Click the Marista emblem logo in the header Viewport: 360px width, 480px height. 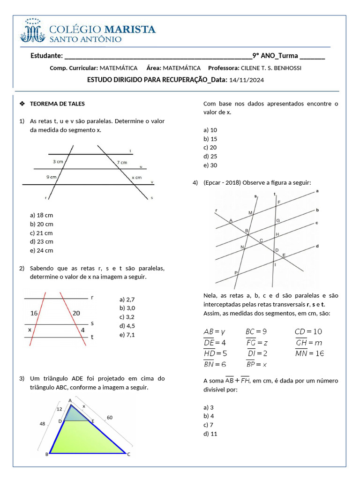coord(32,30)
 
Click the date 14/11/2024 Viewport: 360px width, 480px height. coord(247,80)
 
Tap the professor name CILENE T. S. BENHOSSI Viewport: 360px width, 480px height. coord(274,68)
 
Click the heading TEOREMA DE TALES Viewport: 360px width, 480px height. coord(57,104)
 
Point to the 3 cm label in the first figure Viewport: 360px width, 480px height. coord(58,162)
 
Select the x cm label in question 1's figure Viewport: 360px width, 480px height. coord(136,178)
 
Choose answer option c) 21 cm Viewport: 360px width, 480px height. coord(41,233)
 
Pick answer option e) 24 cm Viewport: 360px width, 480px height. coord(41,250)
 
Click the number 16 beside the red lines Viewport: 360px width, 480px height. coord(34,313)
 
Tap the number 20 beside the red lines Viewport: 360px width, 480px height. coord(76,313)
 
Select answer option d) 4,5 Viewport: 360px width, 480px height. coord(127,326)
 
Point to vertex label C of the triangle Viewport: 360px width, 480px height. coord(129,454)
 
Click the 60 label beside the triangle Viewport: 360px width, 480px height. coord(110,417)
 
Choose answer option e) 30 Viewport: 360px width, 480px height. coord(210,165)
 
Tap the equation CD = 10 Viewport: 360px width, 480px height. coord(308,332)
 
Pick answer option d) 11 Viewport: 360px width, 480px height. coord(210,434)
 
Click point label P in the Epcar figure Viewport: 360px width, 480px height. coord(236,272)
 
